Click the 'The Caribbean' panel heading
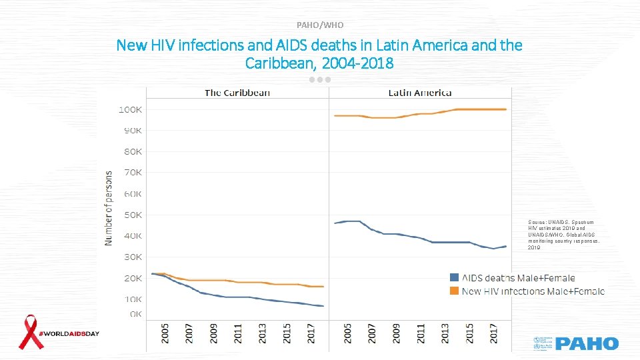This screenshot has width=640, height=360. pyautogui.click(x=237, y=93)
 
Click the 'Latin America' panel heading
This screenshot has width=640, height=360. pyautogui.click(x=420, y=93)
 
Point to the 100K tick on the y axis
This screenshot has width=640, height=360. pyautogui.click(x=130, y=109)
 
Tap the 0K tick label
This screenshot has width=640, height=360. pyautogui.click(x=135, y=313)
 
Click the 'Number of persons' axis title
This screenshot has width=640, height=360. pyautogui.click(x=109, y=207)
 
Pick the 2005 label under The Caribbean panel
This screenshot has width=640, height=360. pyautogui.click(x=165, y=333)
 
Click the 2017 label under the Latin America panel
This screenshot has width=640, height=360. pyautogui.click(x=494, y=333)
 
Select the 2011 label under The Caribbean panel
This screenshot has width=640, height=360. pyautogui.click(x=238, y=333)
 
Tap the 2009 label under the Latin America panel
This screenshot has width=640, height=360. pyautogui.click(x=397, y=333)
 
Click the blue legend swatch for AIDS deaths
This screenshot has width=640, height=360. pyautogui.click(x=455, y=277)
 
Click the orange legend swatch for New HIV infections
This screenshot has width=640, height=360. pyautogui.click(x=455, y=291)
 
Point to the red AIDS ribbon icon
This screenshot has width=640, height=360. pyautogui.click(x=29, y=332)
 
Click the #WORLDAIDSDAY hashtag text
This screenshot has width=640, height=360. pyautogui.click(x=69, y=333)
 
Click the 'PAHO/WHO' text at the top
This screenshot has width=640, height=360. pyautogui.click(x=320, y=25)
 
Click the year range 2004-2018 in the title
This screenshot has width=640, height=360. pyautogui.click(x=353, y=63)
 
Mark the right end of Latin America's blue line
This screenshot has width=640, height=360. pyautogui.click(x=506, y=246)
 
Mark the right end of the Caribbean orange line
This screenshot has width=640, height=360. pyautogui.click(x=323, y=287)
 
